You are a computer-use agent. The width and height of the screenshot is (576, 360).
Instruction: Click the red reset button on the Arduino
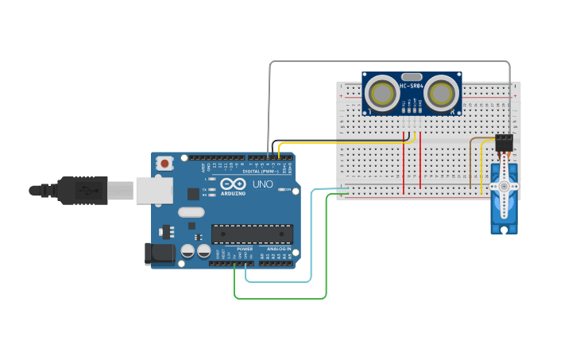click(x=164, y=163)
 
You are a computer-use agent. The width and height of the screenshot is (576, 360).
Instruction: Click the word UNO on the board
click(x=263, y=184)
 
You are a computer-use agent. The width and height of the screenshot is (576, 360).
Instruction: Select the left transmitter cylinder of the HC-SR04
click(x=385, y=93)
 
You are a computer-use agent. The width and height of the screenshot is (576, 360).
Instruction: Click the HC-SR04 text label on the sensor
click(x=412, y=85)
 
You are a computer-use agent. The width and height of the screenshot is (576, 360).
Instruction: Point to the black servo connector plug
click(x=504, y=142)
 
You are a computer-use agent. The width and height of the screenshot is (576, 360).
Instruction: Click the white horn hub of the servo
click(x=502, y=185)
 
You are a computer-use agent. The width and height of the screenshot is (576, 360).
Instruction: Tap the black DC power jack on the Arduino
click(x=159, y=254)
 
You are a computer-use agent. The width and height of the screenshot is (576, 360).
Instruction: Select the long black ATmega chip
click(x=252, y=234)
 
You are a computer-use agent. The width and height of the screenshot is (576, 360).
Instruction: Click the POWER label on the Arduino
click(x=245, y=249)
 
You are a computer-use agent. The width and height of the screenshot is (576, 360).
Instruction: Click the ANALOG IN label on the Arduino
click(x=277, y=249)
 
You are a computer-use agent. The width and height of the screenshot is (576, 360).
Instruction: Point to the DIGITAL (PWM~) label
click(x=256, y=172)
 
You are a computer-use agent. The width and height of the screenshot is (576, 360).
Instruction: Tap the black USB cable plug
click(x=87, y=190)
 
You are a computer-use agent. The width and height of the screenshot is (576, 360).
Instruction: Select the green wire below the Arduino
click(x=278, y=299)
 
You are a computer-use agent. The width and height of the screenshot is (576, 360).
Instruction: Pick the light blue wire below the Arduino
click(x=278, y=281)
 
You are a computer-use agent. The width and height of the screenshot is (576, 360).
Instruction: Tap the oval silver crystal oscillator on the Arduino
click(x=191, y=212)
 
